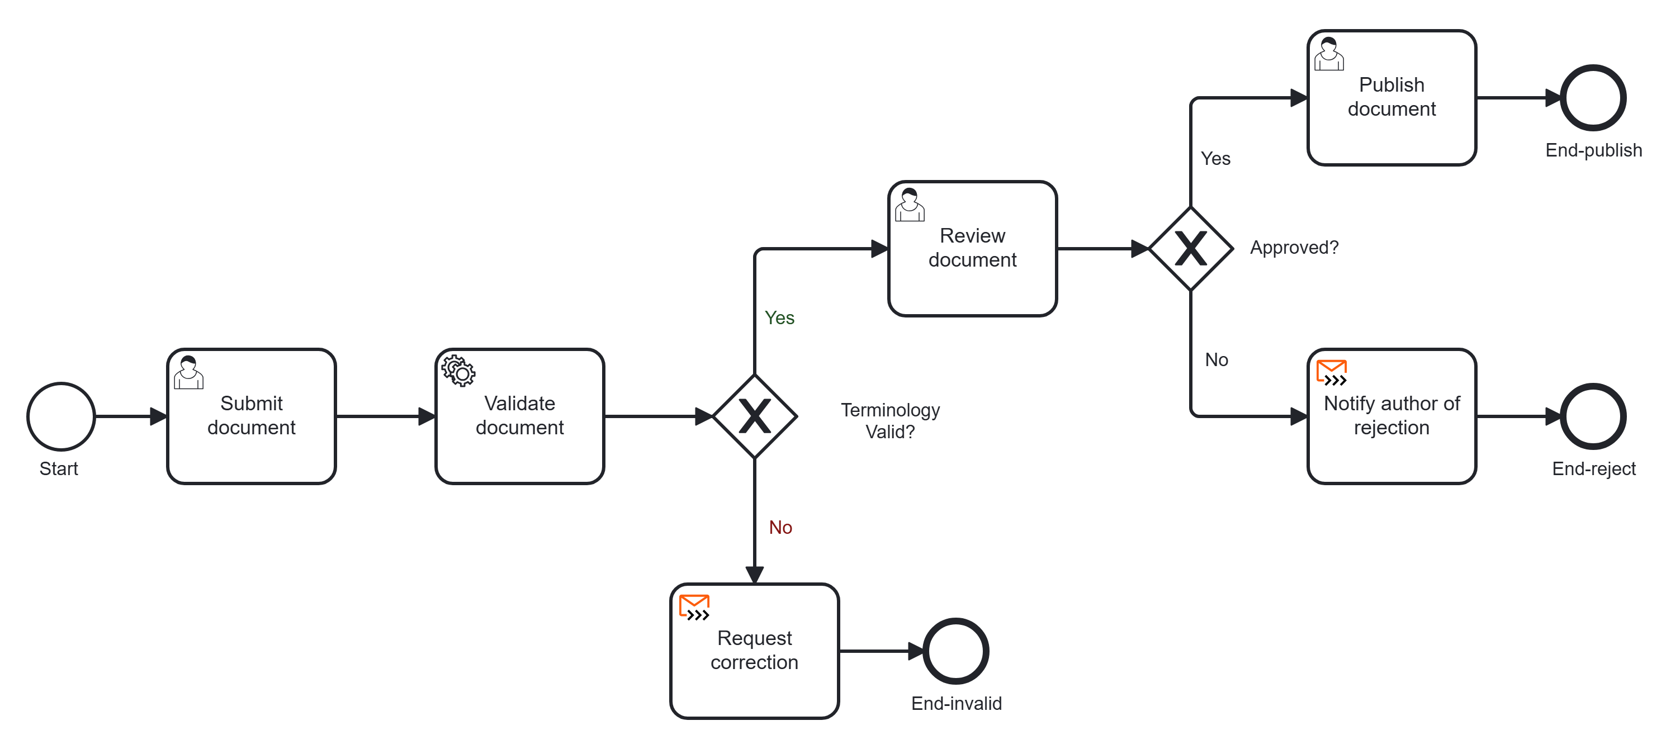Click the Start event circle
tap(61, 416)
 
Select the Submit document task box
tap(252, 416)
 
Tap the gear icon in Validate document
tap(458, 371)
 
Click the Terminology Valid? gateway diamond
tap(755, 416)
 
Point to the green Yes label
tap(779, 317)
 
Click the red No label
tap(780, 527)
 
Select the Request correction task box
tap(755, 651)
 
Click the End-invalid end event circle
tap(956, 651)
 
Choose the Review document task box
tap(973, 248)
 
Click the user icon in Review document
tap(910, 205)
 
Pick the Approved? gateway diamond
tap(1191, 248)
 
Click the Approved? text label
tap(1294, 248)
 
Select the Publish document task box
tap(1392, 98)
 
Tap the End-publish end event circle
tap(1593, 98)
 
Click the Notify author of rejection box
tap(1392, 416)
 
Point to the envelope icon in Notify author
tap(1332, 373)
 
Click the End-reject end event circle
tap(1593, 416)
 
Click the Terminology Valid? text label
tap(891, 420)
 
